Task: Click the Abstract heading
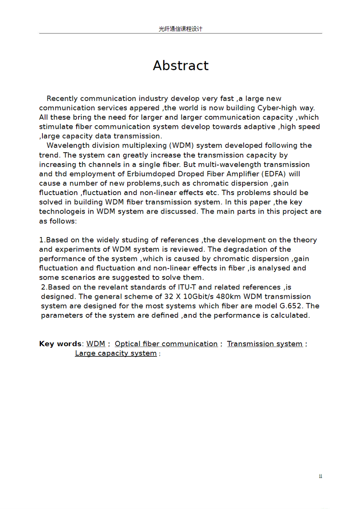click(x=181, y=66)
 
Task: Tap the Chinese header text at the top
click(x=180, y=29)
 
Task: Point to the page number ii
click(x=321, y=476)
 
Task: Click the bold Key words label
click(x=60, y=344)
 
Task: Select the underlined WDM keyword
click(x=96, y=344)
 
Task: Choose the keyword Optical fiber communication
click(x=166, y=344)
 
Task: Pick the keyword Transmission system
click(x=265, y=344)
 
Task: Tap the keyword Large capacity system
click(x=116, y=353)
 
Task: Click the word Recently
click(x=62, y=98)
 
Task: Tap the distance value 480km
click(x=229, y=297)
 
